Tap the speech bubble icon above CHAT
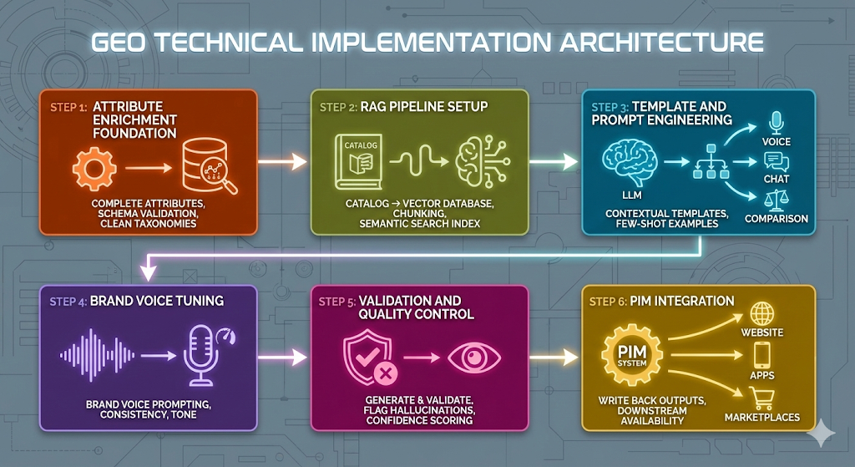(777, 161)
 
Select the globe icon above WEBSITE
(763, 314)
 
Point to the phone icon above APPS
(762, 356)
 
